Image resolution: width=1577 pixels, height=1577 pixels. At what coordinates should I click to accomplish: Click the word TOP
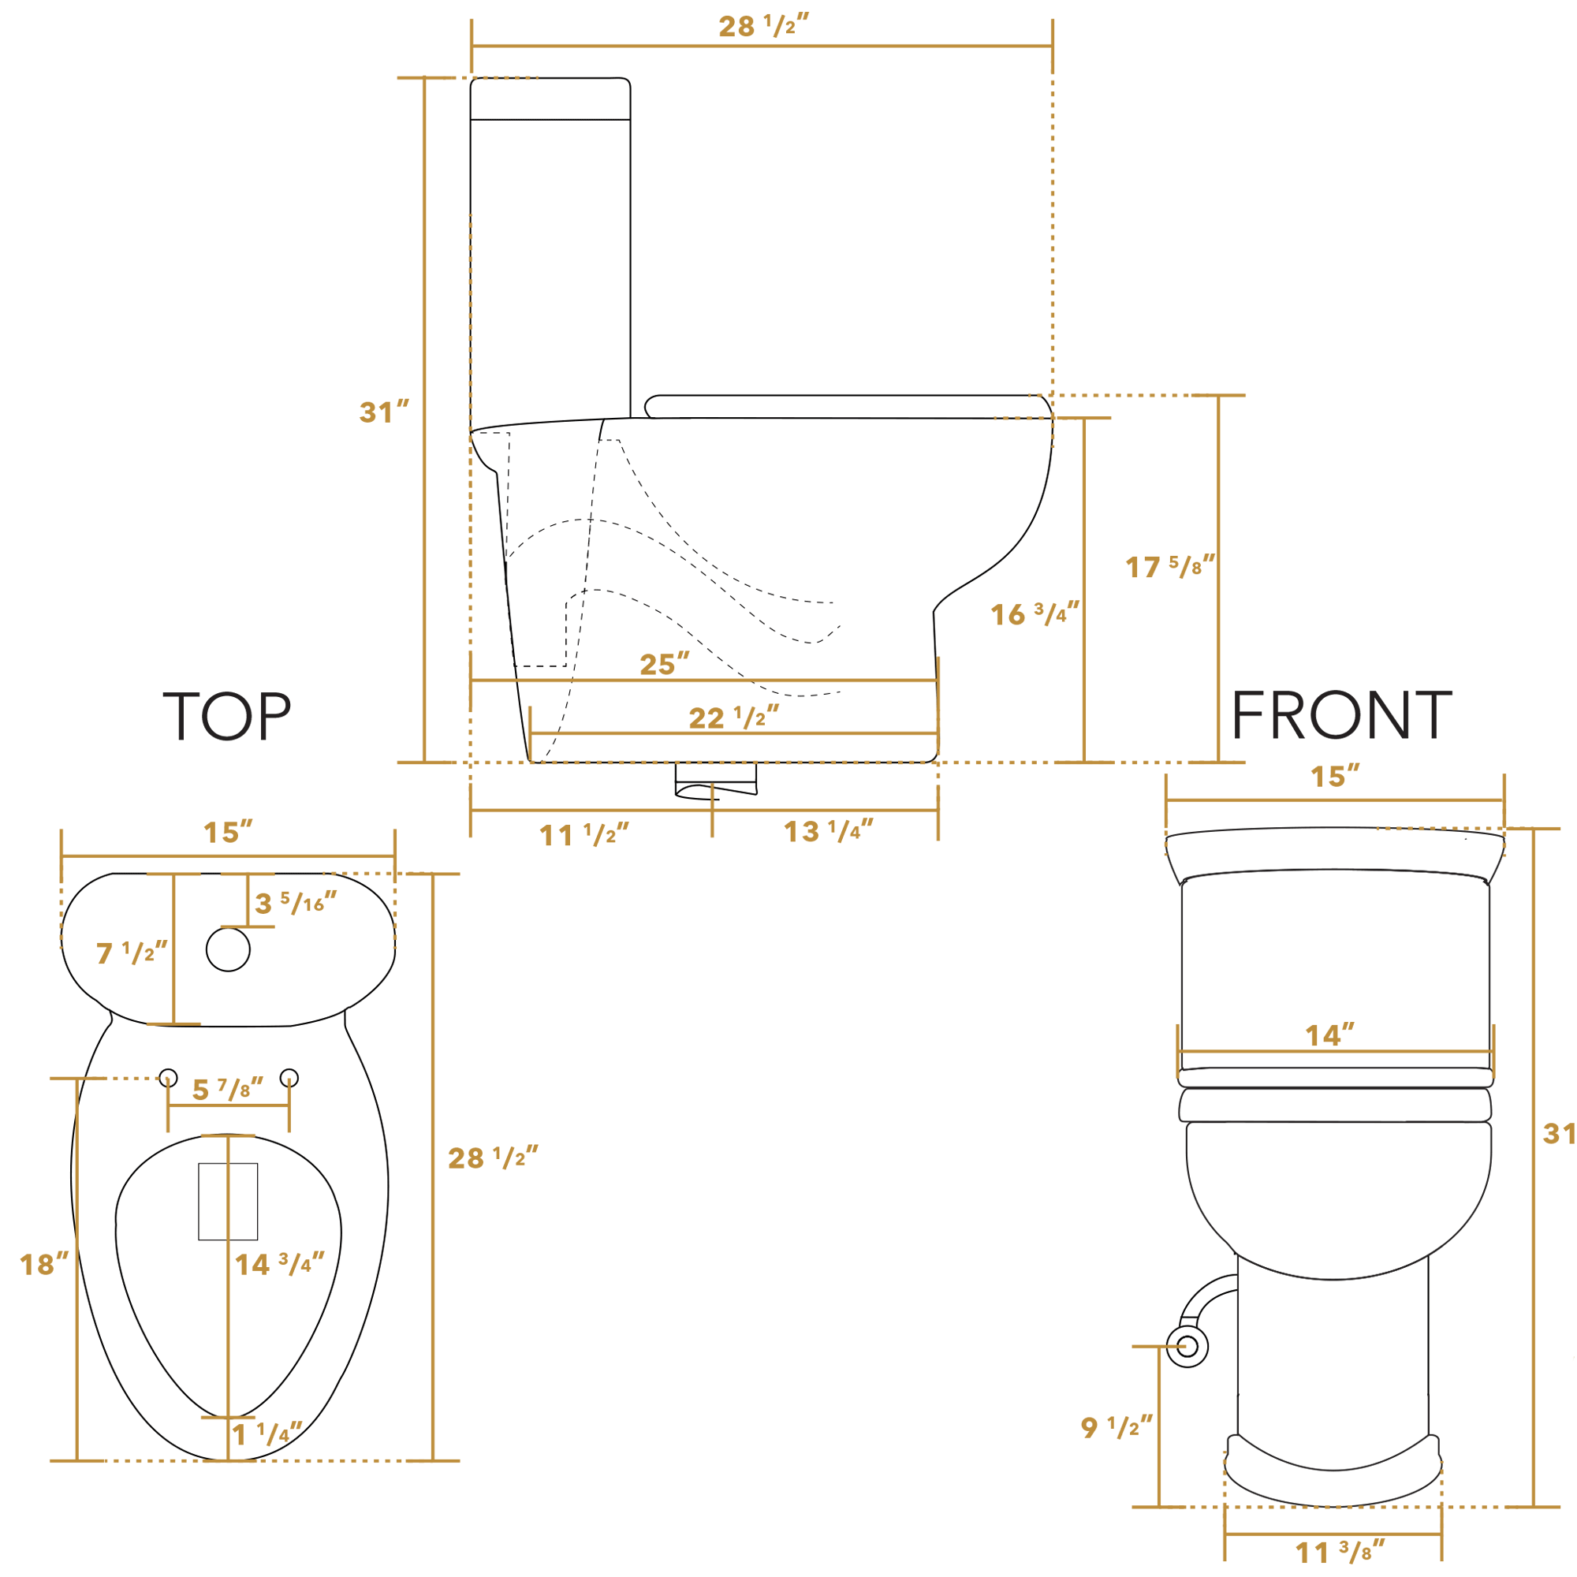pos(227,717)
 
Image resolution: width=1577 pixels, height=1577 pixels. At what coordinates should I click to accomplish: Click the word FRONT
pos(1341,715)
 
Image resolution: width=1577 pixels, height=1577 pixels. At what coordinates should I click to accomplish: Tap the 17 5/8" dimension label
pos(1169,566)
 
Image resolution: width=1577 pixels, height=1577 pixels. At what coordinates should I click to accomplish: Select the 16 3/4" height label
pos(1035,613)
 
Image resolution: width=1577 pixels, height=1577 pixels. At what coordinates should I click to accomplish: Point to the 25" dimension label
pos(665,665)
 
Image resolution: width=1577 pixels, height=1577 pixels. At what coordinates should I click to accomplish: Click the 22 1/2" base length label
pos(733,718)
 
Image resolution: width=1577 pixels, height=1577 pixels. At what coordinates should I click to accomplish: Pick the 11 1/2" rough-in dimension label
pos(583,835)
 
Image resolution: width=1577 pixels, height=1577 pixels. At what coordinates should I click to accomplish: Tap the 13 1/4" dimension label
pos(828,832)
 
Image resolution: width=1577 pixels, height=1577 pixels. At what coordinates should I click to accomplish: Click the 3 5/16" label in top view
pos(295,904)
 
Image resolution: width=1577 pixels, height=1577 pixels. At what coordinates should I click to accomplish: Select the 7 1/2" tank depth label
pos(131,953)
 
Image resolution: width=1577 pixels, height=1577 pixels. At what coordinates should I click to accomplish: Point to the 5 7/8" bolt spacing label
pos(227,1089)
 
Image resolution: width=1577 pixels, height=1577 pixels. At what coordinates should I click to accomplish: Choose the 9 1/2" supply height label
pos(1116,1427)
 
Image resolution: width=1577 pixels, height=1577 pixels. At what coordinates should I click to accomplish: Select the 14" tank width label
pos(1329,1036)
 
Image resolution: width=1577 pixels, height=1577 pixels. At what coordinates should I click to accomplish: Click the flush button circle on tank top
pos(228,950)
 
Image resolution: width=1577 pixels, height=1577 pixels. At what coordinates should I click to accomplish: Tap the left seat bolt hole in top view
pos(168,1077)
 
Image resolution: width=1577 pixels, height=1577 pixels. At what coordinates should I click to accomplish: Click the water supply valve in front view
pos(1187,1346)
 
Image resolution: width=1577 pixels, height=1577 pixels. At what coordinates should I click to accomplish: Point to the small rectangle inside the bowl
pos(228,1201)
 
